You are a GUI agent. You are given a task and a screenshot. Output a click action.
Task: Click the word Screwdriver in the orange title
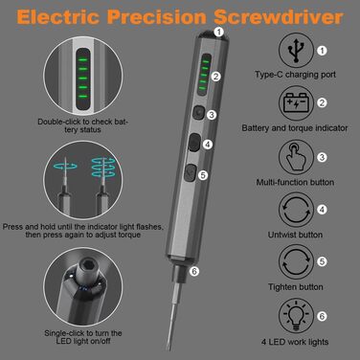[x=279, y=16]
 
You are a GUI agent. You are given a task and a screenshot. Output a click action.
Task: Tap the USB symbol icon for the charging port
[x=296, y=51]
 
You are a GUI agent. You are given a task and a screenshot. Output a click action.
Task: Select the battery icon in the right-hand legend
[x=296, y=102]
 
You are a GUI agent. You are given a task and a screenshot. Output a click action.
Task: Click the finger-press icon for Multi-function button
[x=296, y=157]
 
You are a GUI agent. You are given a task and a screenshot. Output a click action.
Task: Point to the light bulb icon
[x=296, y=316]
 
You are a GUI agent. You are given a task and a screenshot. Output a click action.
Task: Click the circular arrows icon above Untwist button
[x=296, y=210]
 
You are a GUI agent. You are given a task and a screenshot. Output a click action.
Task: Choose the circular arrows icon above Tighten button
[x=296, y=261]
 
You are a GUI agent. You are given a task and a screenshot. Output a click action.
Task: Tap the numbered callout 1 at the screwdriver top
[x=218, y=32]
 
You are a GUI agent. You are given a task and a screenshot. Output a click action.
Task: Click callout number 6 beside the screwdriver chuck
[x=194, y=271]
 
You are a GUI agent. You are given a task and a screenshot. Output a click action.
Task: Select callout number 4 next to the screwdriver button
[x=208, y=145]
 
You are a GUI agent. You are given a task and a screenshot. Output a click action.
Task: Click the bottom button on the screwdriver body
[x=191, y=172]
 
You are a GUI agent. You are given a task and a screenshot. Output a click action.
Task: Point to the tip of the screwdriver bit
[x=169, y=349]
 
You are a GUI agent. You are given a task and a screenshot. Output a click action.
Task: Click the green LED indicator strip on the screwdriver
[x=204, y=75]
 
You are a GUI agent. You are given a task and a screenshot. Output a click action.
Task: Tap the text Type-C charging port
[x=295, y=75]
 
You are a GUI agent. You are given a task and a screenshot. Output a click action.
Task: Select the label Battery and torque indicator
[x=295, y=128]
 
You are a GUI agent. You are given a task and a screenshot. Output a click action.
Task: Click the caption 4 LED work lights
[x=295, y=342]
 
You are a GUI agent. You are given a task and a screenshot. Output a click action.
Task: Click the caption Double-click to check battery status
[x=82, y=125]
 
